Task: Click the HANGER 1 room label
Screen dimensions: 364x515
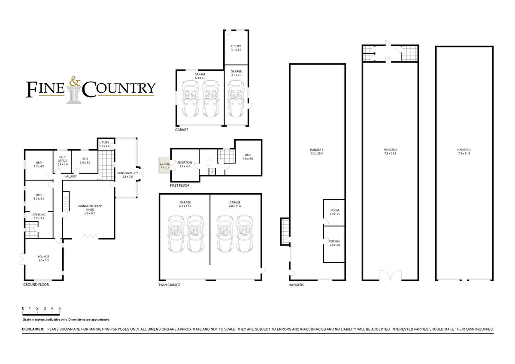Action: (x=316, y=150)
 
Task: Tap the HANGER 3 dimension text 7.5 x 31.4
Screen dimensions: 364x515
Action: (x=464, y=154)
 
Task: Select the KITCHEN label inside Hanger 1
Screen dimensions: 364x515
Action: (x=334, y=241)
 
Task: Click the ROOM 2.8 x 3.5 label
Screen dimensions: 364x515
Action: (x=334, y=212)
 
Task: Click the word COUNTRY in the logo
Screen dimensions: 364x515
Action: (x=118, y=88)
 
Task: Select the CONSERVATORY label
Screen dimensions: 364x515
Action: (x=127, y=173)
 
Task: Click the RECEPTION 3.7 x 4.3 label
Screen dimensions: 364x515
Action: (x=185, y=164)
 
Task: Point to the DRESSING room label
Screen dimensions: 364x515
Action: (x=39, y=216)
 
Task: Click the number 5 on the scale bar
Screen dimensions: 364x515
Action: (x=59, y=309)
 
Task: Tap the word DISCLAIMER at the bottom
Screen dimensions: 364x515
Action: (x=33, y=329)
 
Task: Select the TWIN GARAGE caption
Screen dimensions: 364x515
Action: (x=169, y=285)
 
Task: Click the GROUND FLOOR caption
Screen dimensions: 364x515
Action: (x=36, y=285)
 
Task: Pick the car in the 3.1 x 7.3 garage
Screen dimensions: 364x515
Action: (x=236, y=99)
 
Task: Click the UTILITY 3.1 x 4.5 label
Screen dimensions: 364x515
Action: (x=236, y=48)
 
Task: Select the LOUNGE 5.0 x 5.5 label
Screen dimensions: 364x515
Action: (x=43, y=258)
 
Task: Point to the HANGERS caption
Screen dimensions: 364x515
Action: (x=296, y=285)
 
